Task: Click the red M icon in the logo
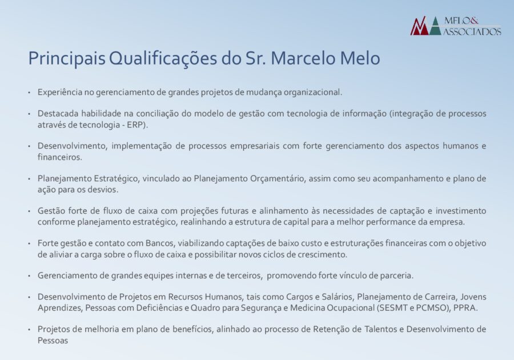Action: (419, 26)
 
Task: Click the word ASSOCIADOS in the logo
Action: (472, 31)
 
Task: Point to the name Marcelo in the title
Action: (303, 58)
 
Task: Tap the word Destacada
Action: (57, 114)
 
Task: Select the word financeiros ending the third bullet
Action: (59, 157)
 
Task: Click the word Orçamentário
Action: (278, 179)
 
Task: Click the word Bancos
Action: (159, 243)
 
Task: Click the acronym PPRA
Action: (464, 308)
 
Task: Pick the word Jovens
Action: (473, 297)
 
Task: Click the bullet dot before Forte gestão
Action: (29, 244)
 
